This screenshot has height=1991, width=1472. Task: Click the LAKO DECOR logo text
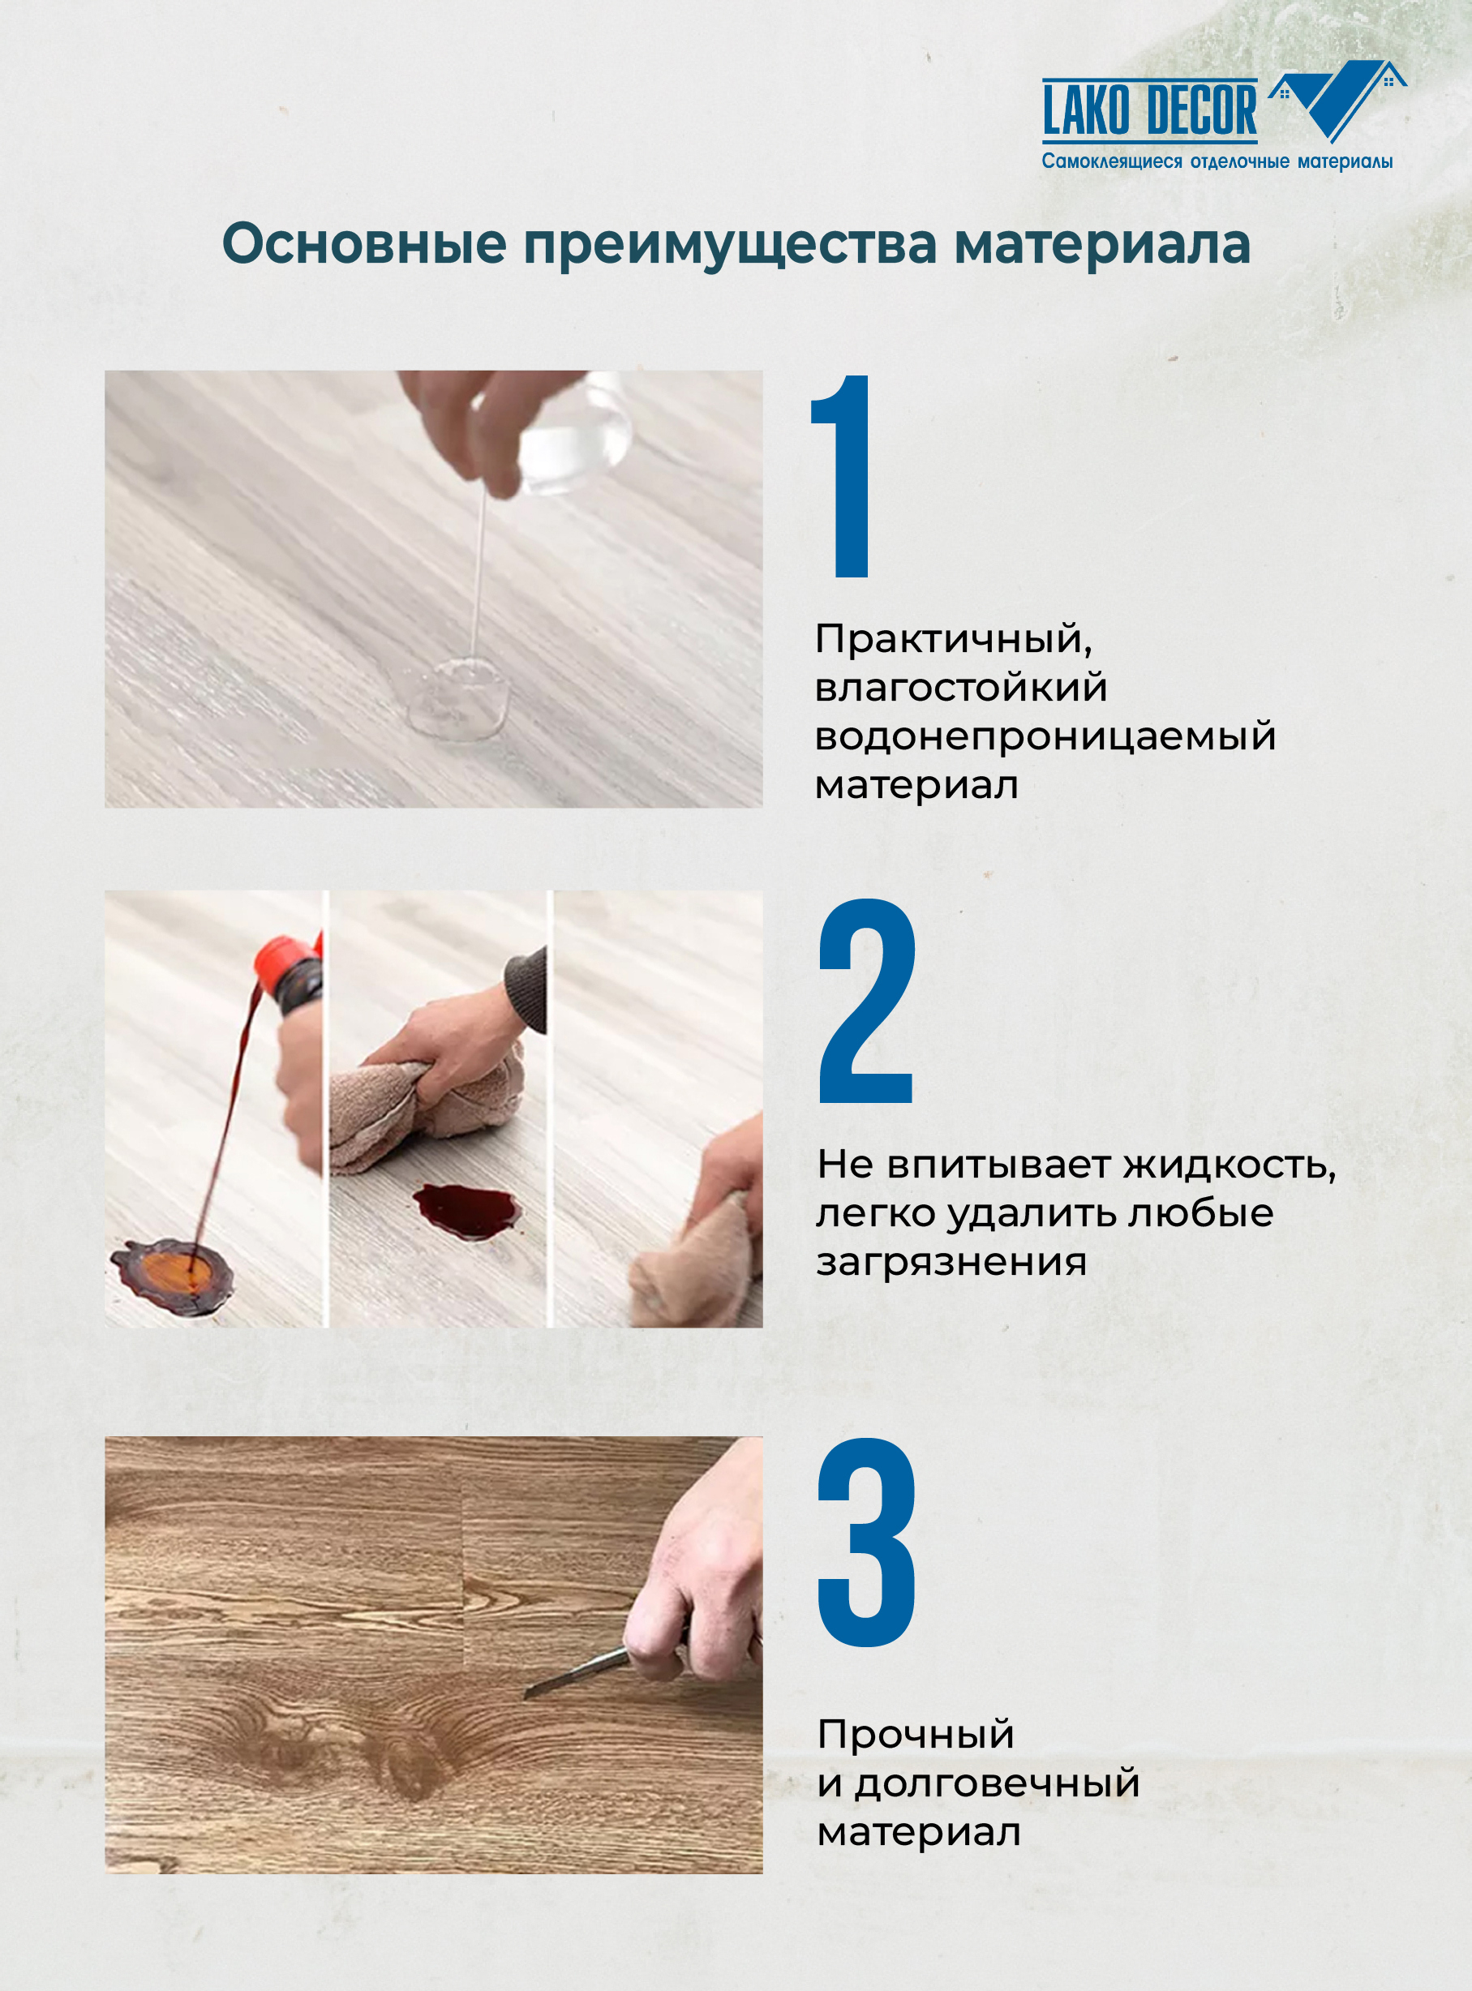(1148, 111)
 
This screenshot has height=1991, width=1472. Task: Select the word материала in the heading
(1101, 244)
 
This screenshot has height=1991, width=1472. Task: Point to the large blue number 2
(866, 1002)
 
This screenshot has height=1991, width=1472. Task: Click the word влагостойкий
(960, 688)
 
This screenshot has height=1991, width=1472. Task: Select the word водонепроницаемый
(1045, 736)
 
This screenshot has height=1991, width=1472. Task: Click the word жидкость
(1229, 1165)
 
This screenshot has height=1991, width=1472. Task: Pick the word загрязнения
(951, 1262)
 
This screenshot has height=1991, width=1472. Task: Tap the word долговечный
(997, 1783)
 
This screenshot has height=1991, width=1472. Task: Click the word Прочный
(915, 1735)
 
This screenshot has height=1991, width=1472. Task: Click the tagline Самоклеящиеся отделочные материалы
(1217, 162)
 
